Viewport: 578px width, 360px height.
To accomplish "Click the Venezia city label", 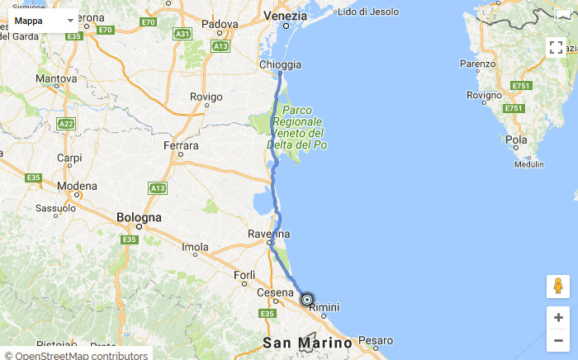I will pos(285,17).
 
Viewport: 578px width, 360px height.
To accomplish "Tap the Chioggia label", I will pos(281,64).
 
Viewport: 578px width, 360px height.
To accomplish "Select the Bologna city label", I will pos(139,218).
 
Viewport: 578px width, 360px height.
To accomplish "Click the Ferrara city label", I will pos(181,146).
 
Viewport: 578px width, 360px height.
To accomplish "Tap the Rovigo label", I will pos(206,97).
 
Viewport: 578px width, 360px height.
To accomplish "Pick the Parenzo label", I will pos(478,64).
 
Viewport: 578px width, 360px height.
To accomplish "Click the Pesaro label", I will pos(376,340).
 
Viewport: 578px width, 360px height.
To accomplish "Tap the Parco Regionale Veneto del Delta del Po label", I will pos(297,127).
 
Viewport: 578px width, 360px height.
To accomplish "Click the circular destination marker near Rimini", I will pos(307,300).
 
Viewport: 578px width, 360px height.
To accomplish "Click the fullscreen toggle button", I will pos(557,47).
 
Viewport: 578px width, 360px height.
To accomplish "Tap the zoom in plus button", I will pos(558,317).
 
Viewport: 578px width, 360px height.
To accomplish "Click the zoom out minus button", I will pos(558,340).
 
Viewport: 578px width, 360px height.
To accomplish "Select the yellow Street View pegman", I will pos(558,287).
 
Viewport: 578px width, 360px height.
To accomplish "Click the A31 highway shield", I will pos(182,34).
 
